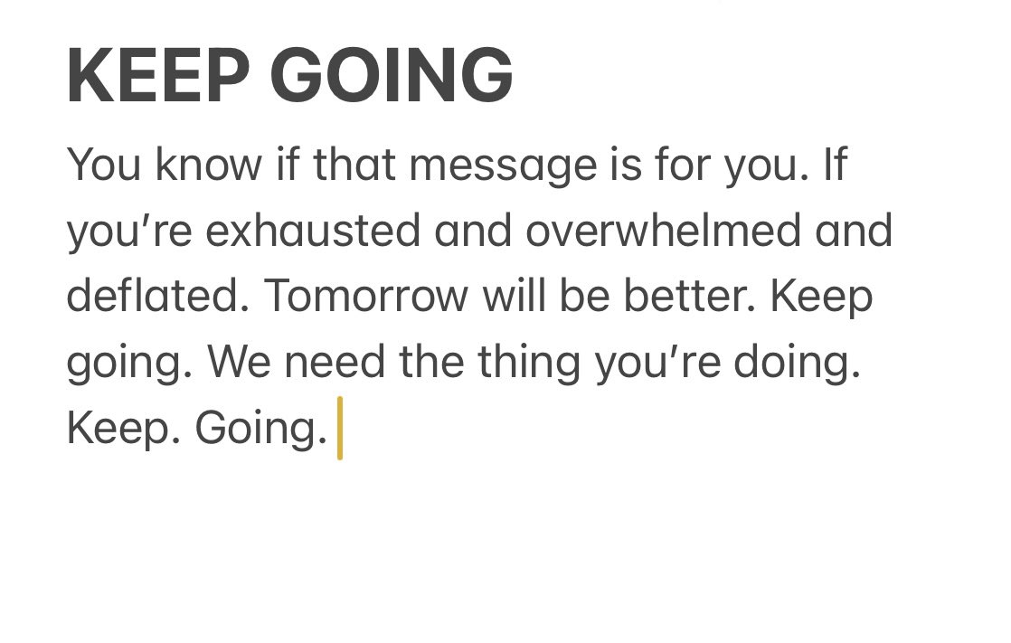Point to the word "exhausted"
point(313,232)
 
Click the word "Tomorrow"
point(365,297)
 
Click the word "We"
point(234,362)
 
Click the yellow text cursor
point(340,428)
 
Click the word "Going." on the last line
point(260,428)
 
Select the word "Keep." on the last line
point(117,428)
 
